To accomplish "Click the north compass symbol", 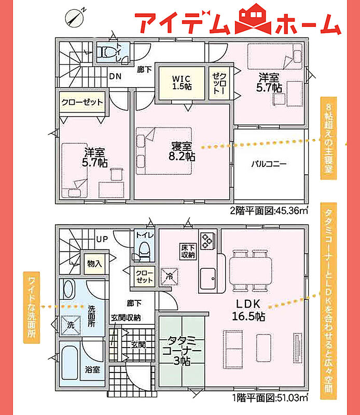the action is click(x=75, y=18).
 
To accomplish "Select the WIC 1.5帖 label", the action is click(x=182, y=82).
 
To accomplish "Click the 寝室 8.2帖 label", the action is click(x=182, y=151).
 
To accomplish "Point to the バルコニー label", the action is click(x=269, y=164).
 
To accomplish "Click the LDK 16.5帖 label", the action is click(x=248, y=310).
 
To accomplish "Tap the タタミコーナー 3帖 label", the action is click(x=182, y=351).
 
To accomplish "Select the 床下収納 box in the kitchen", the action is click(x=188, y=251).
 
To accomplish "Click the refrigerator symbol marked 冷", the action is click(x=170, y=276).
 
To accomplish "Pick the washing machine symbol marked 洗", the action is click(x=71, y=325).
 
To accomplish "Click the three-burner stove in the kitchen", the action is click(x=208, y=241).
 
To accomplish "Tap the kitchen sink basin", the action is click(x=208, y=279).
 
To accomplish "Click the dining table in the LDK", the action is click(x=251, y=271).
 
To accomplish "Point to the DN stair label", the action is click(x=115, y=76).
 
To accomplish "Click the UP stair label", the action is click(x=102, y=240).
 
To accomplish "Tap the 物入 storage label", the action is click(x=94, y=264).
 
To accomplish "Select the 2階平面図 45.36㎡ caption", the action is click(x=269, y=211).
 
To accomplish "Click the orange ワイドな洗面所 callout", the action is click(x=32, y=307).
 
